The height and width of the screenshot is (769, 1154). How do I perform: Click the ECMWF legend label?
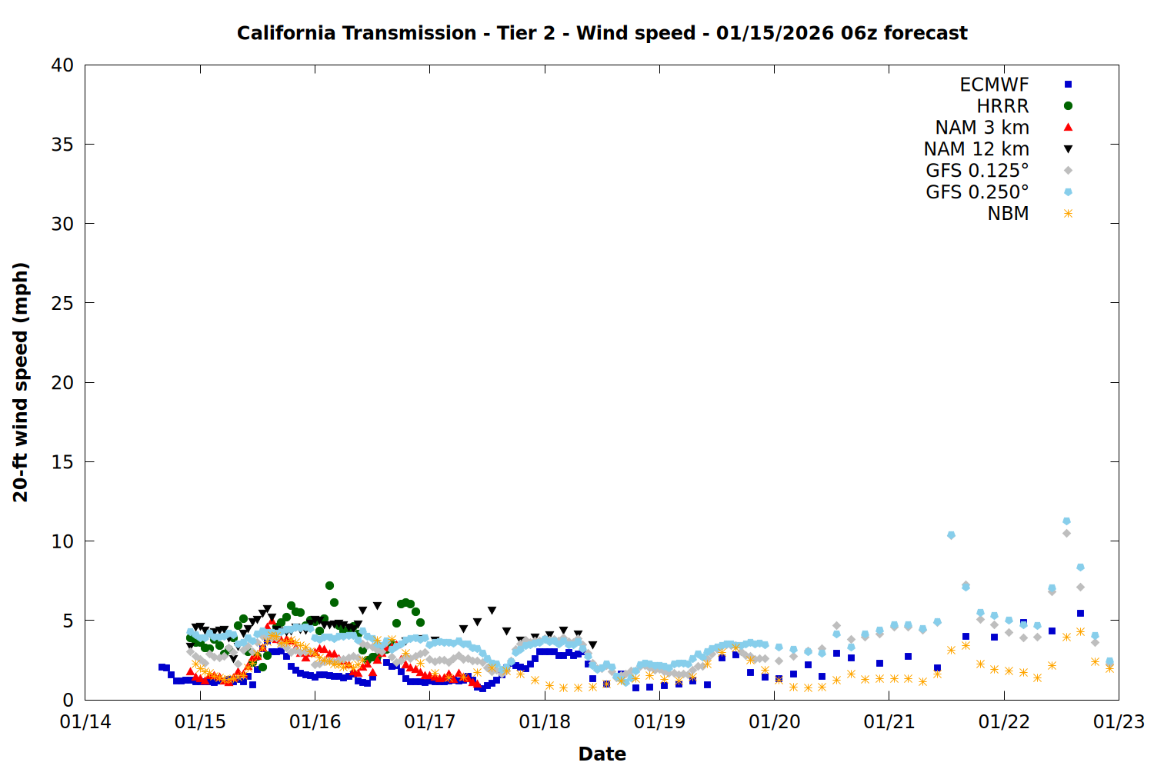(x=994, y=85)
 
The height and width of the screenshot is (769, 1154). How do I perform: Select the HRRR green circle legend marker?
(x=1068, y=106)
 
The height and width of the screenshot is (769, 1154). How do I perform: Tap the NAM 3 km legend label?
(x=982, y=128)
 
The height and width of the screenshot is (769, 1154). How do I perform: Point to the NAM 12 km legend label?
(x=976, y=149)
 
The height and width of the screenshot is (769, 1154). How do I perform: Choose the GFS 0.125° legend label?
(x=977, y=171)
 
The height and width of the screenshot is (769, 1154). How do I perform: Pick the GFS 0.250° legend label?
(x=977, y=192)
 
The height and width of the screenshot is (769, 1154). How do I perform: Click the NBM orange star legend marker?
(x=1068, y=214)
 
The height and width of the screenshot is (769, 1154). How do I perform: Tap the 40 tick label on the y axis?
(x=62, y=65)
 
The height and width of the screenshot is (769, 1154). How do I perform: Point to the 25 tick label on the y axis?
(x=62, y=303)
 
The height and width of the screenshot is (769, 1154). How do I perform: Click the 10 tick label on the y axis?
(x=62, y=541)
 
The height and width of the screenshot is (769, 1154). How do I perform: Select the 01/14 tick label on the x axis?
(x=85, y=722)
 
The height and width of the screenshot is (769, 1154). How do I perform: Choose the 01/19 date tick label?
(x=659, y=722)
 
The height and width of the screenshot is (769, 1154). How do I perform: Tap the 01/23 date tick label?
(x=1119, y=722)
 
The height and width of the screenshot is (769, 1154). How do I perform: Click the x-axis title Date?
(x=602, y=754)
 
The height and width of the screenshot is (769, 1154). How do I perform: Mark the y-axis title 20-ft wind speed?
(x=21, y=382)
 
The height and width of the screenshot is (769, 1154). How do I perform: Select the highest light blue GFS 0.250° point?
(x=1066, y=521)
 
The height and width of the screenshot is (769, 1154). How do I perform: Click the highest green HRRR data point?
(x=329, y=586)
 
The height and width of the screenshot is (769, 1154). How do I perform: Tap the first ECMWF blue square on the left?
(x=161, y=667)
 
